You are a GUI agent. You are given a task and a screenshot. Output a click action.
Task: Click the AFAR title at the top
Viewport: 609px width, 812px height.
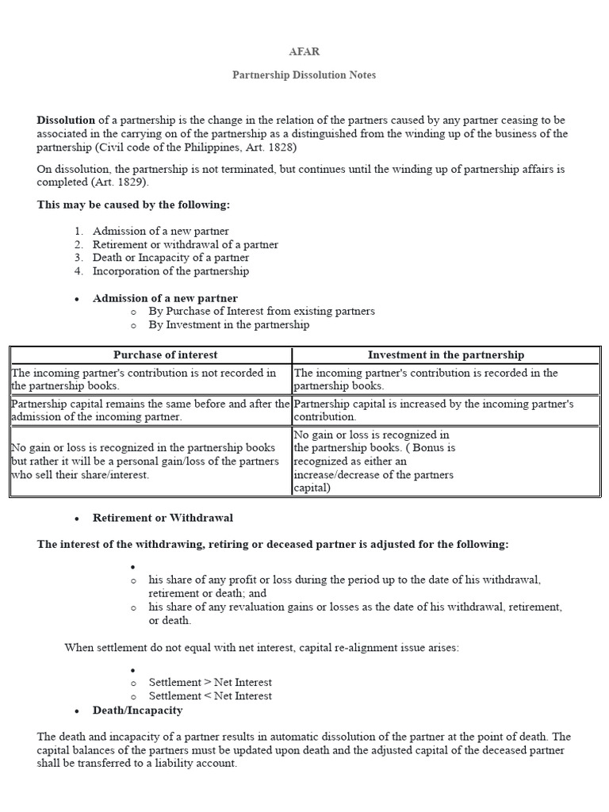click(x=304, y=52)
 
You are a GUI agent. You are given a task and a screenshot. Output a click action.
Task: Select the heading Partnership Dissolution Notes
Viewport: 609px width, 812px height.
click(x=304, y=75)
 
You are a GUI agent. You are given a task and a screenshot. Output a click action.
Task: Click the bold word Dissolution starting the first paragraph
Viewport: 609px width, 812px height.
click(x=66, y=120)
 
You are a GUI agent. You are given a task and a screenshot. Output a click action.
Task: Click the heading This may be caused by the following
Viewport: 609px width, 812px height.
click(x=133, y=205)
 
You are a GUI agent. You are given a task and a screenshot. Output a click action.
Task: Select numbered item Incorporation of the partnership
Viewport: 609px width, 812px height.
click(x=170, y=271)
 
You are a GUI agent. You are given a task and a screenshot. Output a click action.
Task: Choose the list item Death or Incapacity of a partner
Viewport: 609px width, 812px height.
click(x=170, y=258)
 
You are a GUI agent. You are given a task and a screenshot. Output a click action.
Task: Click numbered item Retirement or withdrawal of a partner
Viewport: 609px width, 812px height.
click(x=186, y=244)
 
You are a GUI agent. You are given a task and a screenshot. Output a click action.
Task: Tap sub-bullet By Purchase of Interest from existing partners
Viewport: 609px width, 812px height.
click(x=262, y=311)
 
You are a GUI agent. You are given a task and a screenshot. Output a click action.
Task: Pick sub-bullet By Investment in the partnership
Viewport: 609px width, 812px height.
click(x=228, y=324)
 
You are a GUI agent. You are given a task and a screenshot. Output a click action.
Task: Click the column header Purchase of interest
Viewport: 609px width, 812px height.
click(x=165, y=354)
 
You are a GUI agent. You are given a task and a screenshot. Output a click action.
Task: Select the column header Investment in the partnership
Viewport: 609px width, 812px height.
click(x=446, y=354)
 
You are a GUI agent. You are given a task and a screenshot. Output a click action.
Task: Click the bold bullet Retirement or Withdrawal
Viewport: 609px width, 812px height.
click(x=163, y=518)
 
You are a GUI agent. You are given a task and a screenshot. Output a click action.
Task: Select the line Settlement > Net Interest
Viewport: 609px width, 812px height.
click(x=210, y=682)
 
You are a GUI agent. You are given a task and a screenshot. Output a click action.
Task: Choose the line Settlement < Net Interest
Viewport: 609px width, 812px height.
click(x=210, y=695)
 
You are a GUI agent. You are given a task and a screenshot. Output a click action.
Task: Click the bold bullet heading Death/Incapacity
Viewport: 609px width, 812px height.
click(x=137, y=710)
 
